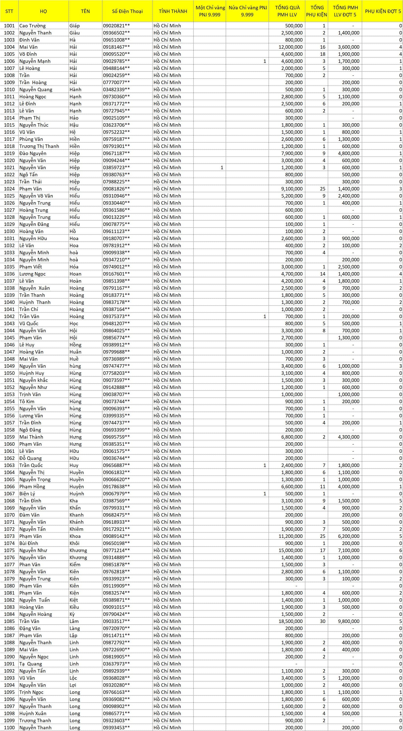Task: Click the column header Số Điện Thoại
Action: point(127,11)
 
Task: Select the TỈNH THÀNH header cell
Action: point(173,11)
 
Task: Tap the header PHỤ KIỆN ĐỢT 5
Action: point(382,11)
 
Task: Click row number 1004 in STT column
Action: point(9,47)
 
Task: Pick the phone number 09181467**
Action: point(116,47)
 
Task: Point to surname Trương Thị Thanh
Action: point(39,146)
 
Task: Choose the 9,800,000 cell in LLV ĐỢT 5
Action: point(348,621)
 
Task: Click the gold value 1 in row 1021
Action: point(222,168)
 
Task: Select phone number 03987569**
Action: point(116,501)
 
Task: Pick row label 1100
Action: point(9,728)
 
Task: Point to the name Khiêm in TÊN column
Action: point(76,529)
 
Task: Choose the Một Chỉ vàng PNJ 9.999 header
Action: point(210,11)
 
